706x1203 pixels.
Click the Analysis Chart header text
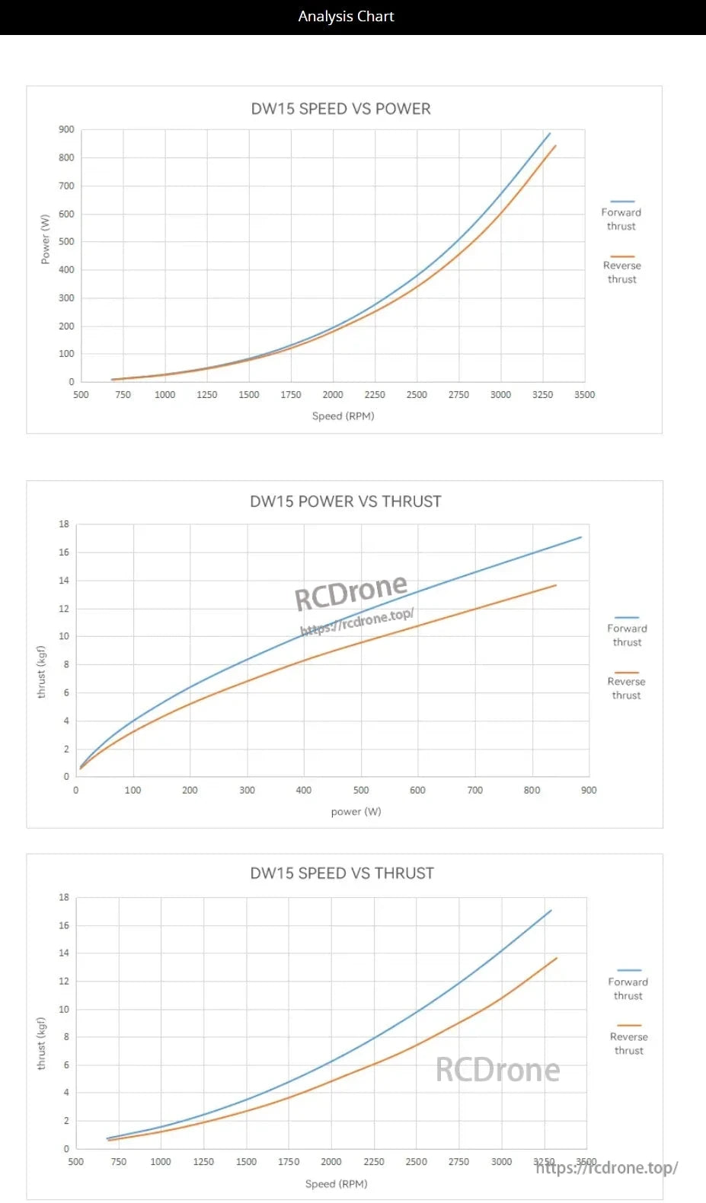346,16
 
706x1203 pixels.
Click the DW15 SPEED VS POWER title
340,109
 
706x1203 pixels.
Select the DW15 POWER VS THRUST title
345,501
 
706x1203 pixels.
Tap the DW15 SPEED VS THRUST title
342,873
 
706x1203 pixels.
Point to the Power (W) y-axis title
45,239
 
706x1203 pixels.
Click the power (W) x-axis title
356,811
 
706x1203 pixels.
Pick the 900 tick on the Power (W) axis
66,129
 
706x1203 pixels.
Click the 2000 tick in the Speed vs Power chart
333,394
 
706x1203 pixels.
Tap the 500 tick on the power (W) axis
361,790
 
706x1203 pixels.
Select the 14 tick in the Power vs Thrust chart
64,580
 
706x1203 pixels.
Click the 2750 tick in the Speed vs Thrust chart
458,1161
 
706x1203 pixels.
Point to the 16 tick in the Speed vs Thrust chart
64,925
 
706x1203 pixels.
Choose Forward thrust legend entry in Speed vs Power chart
621,218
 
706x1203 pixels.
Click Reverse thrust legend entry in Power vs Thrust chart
626,688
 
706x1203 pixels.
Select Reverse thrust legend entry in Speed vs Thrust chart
629,1042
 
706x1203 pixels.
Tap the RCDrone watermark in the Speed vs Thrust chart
497,1070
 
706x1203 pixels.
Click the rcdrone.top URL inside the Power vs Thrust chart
357,622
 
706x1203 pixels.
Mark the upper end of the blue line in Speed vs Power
550,133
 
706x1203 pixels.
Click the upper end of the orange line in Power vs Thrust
556,585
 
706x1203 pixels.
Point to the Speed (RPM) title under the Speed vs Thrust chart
336,1183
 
